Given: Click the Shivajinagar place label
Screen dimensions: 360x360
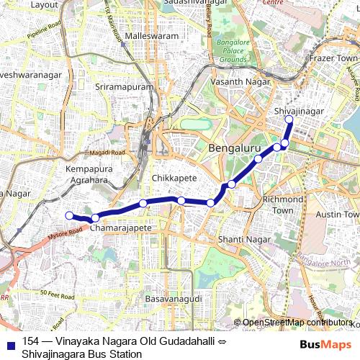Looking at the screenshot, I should pos(299,111).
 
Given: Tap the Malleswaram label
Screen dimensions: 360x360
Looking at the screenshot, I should pos(150,35).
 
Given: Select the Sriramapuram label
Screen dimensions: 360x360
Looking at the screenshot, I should pos(125,86).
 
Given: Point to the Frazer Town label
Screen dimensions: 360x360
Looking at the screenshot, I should pos(333,57).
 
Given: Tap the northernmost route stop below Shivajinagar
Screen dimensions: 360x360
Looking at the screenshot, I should pos(289,120).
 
